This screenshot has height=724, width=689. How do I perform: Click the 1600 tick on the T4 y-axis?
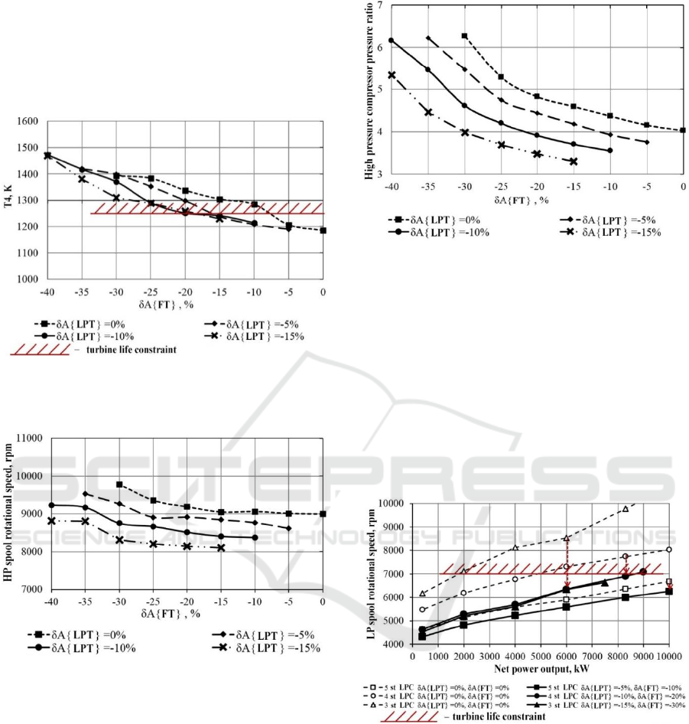click(28, 122)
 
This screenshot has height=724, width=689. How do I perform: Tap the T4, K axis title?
click(9, 200)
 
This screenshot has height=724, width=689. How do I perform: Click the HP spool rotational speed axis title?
click(9, 513)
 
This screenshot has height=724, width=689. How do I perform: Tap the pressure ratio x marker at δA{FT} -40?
click(392, 75)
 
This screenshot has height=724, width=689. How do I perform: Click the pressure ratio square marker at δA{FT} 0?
click(683, 130)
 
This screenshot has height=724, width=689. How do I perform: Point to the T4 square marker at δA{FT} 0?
click(323, 230)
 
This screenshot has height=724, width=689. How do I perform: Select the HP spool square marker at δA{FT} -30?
click(119, 484)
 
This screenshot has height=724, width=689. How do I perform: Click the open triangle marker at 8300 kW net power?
click(625, 509)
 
